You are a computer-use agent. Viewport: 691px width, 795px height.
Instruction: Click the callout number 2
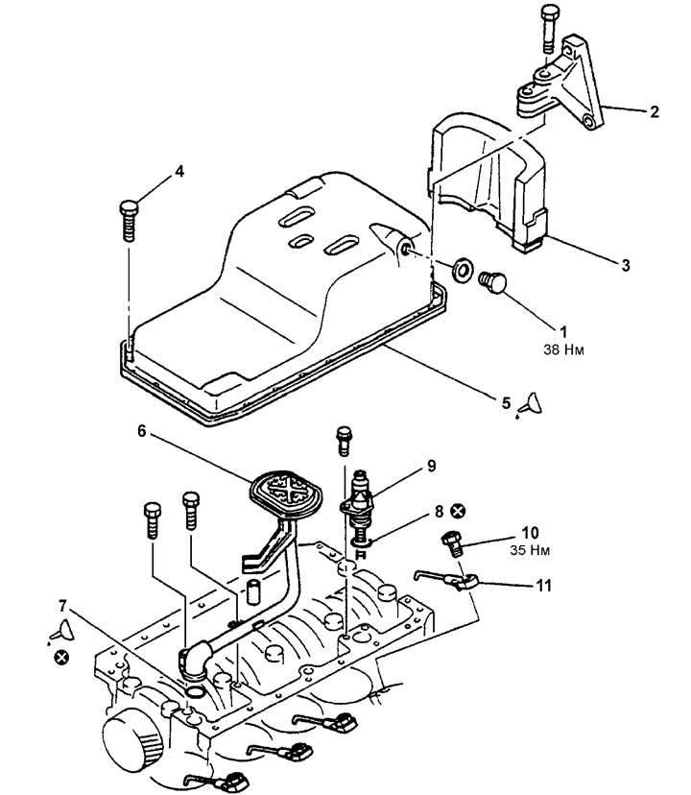654,111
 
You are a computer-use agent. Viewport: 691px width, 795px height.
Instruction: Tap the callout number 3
626,265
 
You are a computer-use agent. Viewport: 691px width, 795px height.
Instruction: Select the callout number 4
179,171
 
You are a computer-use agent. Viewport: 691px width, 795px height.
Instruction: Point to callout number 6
141,431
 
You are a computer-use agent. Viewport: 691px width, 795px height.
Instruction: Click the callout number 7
62,606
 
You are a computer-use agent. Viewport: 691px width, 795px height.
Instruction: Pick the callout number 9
432,466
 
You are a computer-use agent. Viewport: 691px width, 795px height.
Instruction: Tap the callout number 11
543,586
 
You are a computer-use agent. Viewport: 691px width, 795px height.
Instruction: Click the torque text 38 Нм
563,349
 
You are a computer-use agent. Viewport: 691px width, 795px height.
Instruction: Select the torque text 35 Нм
530,550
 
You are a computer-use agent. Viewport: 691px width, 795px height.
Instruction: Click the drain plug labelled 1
492,282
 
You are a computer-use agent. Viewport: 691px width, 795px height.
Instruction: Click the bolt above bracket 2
550,28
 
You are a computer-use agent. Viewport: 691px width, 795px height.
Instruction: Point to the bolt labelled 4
129,221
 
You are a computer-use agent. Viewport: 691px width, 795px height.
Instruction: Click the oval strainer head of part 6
286,490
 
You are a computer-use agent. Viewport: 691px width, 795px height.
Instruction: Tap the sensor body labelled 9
358,502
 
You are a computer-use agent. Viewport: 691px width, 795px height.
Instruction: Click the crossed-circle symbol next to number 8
459,511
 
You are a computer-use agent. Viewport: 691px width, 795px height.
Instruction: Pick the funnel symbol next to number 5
531,404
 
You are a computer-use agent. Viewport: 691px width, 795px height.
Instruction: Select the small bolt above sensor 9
344,440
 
